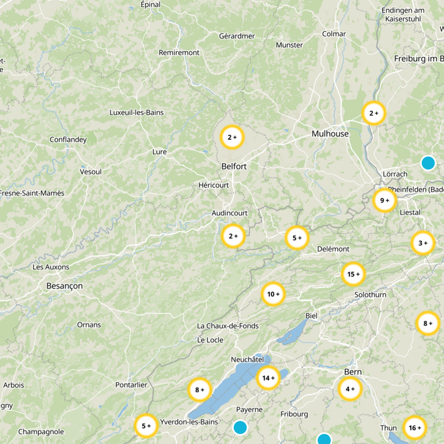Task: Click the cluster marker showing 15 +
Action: tap(354, 274)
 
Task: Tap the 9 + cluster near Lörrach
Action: tap(385, 200)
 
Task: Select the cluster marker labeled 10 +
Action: tap(273, 294)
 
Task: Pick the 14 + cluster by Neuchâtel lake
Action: tap(269, 378)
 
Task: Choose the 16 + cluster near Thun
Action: tap(415, 428)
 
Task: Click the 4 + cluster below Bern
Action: tap(350, 389)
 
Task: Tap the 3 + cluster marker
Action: tap(423, 243)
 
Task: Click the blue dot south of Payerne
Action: tap(240, 427)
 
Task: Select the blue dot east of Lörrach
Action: tap(427, 163)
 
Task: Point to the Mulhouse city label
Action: tap(330, 134)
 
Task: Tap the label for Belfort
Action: tap(234, 166)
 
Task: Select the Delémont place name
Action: tap(333, 249)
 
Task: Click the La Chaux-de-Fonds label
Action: tap(228, 326)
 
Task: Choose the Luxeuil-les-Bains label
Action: tap(137, 112)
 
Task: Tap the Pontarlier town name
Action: tap(131, 385)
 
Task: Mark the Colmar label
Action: tap(334, 34)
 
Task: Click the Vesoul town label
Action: tap(91, 172)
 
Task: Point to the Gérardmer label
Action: tap(237, 36)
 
